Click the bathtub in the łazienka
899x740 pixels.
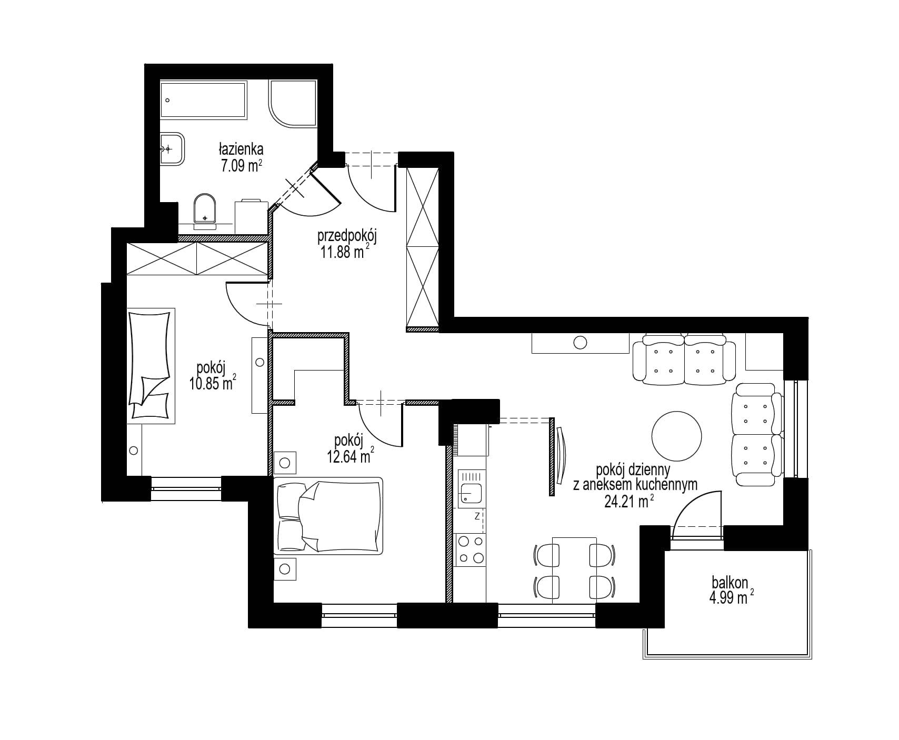(203, 99)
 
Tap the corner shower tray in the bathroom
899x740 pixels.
(293, 104)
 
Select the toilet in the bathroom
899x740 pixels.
(205, 211)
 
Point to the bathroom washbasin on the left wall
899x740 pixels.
(172, 148)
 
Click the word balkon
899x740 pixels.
(730, 583)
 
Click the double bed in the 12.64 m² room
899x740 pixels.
(328, 516)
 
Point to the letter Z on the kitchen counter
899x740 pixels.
(476, 516)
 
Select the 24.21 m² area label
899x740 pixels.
(629, 502)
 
